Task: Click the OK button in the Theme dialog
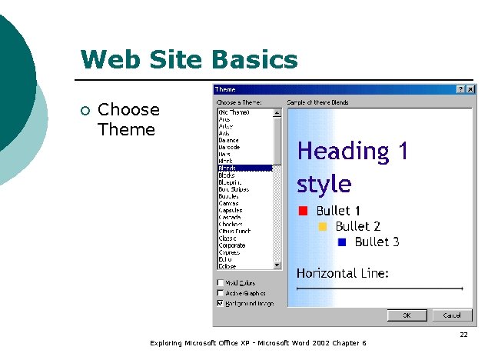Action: tap(407, 315)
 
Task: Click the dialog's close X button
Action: tap(470, 90)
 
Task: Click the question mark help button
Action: tap(460, 90)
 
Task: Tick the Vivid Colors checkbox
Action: tap(221, 282)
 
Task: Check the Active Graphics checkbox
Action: tap(221, 293)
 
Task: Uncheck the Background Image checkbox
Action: tap(221, 303)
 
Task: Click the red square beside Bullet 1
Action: tap(303, 211)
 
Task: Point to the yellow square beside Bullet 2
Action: tap(322, 226)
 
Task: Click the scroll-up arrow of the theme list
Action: tap(277, 112)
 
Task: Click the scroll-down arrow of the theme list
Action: tap(277, 265)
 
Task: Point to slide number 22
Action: tap(463, 335)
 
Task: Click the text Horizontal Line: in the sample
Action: tap(343, 273)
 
